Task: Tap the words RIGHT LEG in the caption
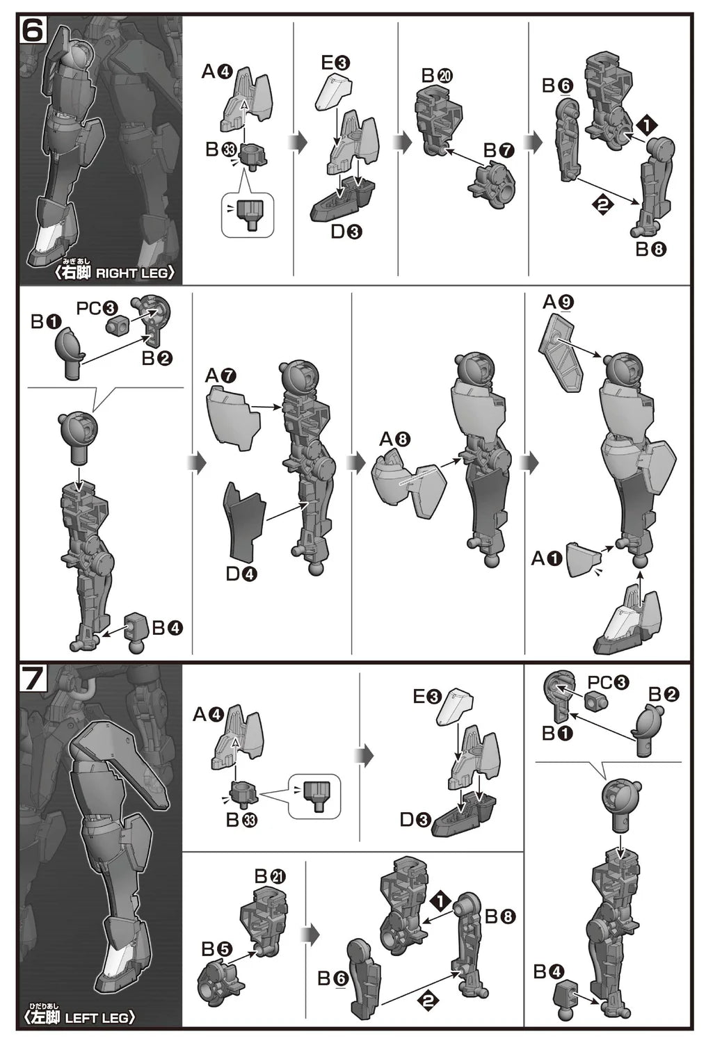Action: coord(131,273)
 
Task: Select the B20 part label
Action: coord(437,75)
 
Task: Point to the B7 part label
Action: coord(499,150)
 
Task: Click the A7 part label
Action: coord(220,375)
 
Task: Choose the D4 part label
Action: coord(241,574)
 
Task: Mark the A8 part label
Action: coord(395,439)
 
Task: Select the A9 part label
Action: coord(558,303)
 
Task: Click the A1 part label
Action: coord(547,558)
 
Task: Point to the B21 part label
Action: coord(270,877)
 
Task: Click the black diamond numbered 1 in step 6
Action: coord(646,124)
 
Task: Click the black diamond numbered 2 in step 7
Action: coord(429,1000)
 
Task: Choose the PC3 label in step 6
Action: coord(97,308)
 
